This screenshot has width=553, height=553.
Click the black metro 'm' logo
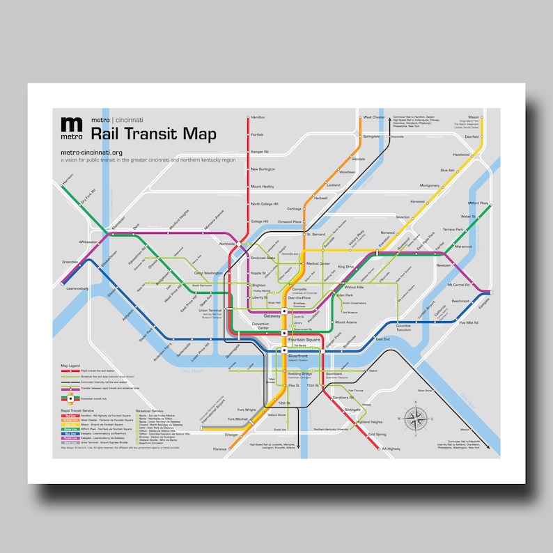71,126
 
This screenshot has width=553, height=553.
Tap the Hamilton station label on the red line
258,118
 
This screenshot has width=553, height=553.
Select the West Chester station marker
358,118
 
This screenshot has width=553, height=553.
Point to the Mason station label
473,117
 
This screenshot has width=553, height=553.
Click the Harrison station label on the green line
68,185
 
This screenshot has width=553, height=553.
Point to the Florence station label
219,449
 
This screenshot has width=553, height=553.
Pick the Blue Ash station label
447,170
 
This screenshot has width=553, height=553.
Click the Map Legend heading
71,365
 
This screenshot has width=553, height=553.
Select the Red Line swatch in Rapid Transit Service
70,415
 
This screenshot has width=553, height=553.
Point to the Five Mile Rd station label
467,322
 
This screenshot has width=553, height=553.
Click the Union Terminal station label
210,310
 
